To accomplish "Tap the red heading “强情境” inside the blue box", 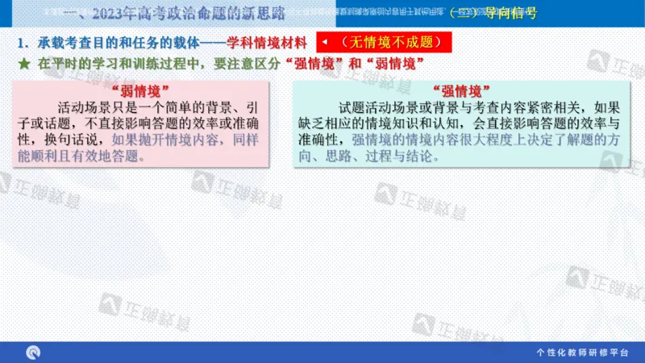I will coord(462,90).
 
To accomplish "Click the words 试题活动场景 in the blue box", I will coord(378,107).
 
